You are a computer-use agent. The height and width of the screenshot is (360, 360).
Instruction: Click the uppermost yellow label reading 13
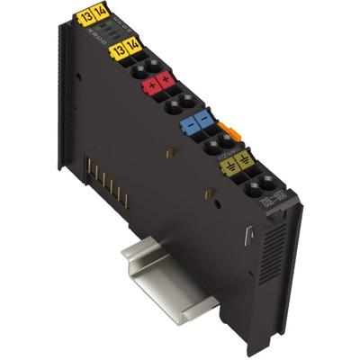(86, 14)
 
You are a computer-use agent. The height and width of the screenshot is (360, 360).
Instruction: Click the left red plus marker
(152, 86)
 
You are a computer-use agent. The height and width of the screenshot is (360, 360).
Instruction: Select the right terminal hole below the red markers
(189, 101)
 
